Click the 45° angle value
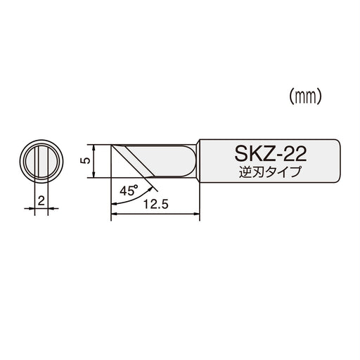tap(129, 191)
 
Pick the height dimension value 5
tap(84, 161)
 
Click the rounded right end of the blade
tap(188, 161)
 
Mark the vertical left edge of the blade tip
tap(111, 161)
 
